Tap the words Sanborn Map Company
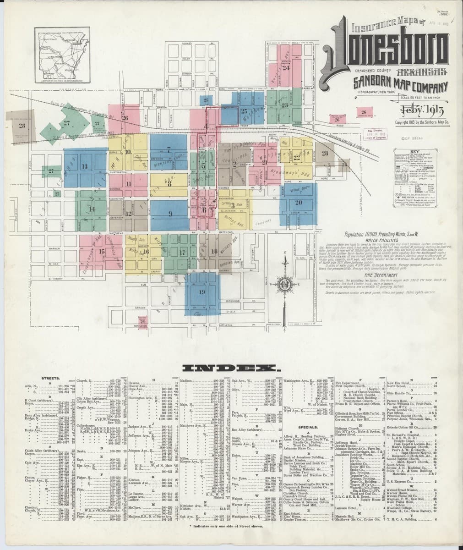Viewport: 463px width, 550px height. pyautogui.click(x=400, y=85)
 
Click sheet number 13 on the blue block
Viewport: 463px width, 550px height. pyautogui.click(x=84, y=166)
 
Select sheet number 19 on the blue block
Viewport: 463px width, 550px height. pyautogui.click(x=202, y=292)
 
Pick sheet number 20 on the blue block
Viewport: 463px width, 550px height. pyautogui.click(x=298, y=202)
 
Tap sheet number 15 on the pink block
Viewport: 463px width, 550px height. pyautogui.click(x=101, y=251)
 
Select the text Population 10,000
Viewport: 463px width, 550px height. pyautogui.click(x=364, y=233)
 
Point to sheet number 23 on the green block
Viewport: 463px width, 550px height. pyautogui.click(x=285, y=105)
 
